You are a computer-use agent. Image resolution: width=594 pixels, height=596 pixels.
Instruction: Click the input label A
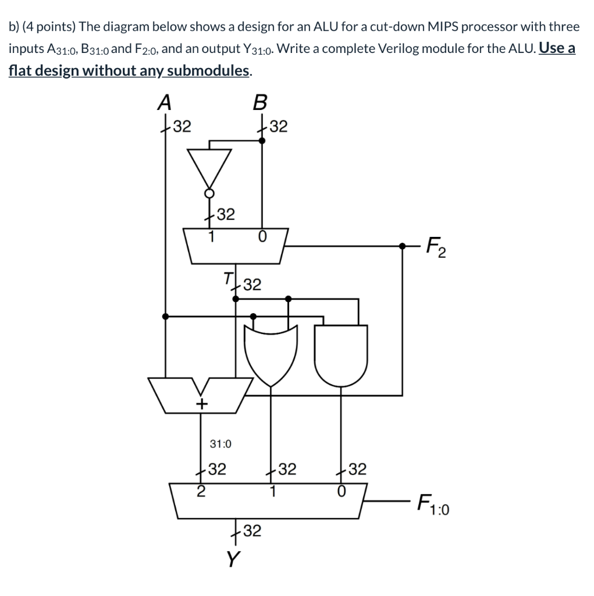point(165,102)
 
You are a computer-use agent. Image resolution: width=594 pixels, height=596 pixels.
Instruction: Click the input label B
point(260,102)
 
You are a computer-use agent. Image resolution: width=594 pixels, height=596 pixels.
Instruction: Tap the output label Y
point(233,559)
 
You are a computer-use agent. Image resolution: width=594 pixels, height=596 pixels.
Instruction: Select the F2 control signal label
point(436,247)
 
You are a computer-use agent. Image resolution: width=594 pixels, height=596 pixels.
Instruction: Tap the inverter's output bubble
point(209,193)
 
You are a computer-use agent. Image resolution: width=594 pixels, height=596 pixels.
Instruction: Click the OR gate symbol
point(271,356)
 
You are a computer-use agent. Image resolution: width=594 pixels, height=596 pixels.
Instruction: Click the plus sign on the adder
point(202,403)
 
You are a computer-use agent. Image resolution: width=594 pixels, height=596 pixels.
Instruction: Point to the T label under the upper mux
point(228,278)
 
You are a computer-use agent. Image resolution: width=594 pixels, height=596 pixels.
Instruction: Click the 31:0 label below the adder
point(220,444)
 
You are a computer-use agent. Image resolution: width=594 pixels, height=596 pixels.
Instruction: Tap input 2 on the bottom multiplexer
point(201,491)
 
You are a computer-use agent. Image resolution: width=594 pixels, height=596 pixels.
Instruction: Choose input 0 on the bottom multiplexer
point(342,491)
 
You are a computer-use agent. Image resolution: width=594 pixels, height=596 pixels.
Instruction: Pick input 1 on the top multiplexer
point(211,237)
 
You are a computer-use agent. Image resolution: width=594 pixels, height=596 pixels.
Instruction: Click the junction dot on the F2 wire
point(403,246)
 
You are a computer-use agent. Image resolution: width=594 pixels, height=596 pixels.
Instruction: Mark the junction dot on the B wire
point(262,141)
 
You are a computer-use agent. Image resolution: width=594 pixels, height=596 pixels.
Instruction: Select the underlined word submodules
point(208,71)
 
